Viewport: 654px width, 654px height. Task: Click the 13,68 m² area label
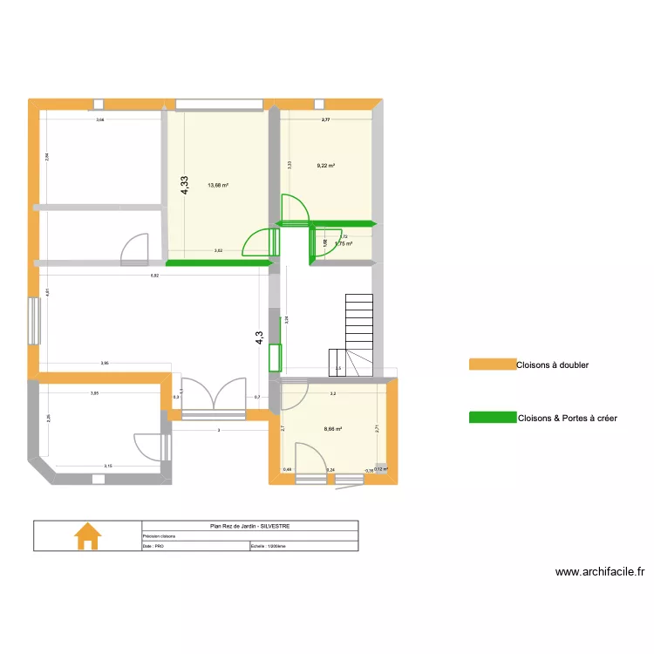(x=217, y=185)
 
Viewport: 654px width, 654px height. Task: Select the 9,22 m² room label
(x=327, y=166)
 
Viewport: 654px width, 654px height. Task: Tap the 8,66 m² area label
(x=333, y=429)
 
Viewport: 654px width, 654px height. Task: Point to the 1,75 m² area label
(x=344, y=244)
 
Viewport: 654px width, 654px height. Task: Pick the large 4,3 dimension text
(x=259, y=337)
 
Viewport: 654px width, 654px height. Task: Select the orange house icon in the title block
(x=87, y=535)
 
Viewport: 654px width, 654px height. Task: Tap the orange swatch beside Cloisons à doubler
(x=492, y=364)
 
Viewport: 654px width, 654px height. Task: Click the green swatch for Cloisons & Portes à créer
(x=492, y=419)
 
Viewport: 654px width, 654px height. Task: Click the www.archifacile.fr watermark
(x=600, y=573)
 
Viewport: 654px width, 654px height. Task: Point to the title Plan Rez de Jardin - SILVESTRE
(x=249, y=526)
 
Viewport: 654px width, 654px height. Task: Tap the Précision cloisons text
(x=159, y=536)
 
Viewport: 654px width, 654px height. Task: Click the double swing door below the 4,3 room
(x=212, y=397)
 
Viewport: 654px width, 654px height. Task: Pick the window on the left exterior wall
(x=36, y=322)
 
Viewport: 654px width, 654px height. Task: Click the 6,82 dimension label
(x=154, y=276)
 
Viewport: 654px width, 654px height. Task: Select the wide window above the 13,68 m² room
(x=220, y=105)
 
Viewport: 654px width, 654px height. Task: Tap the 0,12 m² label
(x=380, y=468)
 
